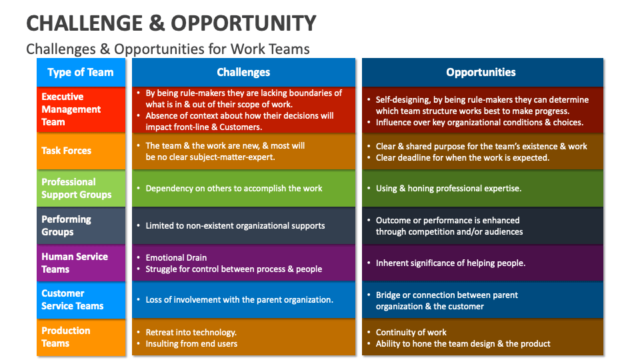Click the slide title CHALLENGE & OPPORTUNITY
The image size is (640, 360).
pos(171,23)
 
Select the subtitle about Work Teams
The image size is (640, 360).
pos(167,49)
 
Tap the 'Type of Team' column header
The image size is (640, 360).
pos(81,72)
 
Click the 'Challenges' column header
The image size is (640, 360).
pos(243,72)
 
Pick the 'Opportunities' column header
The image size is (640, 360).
pos(481,72)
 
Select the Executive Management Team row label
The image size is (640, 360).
pos(71,109)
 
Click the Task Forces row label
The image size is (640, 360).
pos(66,151)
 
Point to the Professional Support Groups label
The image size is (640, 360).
pos(76,188)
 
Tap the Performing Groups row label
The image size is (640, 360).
pos(66,225)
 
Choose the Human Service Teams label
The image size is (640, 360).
pos(75,263)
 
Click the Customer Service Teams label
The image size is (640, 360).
pos(72,299)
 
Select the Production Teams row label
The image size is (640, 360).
pos(65,337)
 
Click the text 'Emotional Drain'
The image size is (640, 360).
pos(176,257)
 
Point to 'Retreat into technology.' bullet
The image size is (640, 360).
pos(191,332)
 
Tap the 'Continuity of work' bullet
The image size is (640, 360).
pos(411,332)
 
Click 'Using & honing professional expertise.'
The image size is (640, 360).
pos(448,188)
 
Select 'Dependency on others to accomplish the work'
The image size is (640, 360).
pos(233,188)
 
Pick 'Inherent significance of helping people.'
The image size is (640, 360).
pos(450,263)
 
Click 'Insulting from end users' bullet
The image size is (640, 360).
pos(191,343)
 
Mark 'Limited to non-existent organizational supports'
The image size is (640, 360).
pos(235,225)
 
